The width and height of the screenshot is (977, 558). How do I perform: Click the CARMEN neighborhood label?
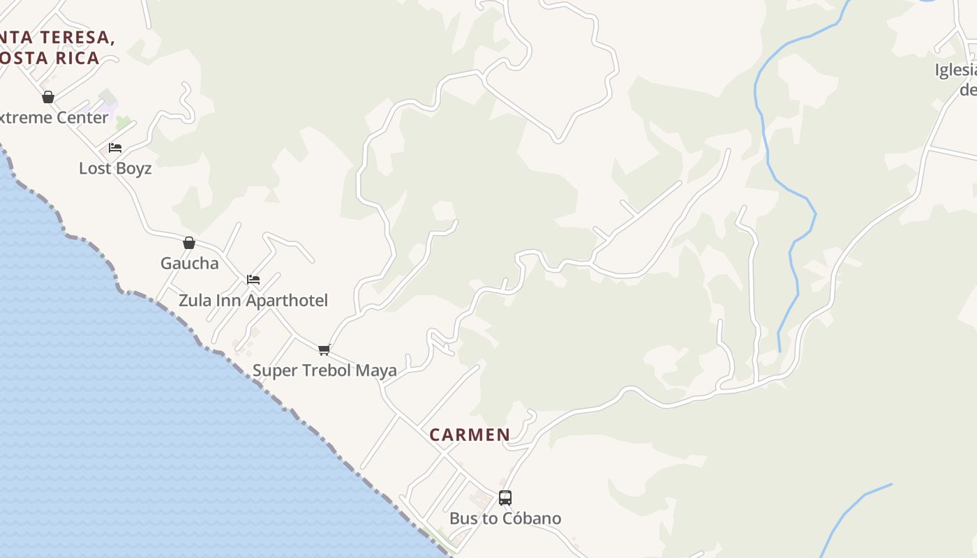[470, 435]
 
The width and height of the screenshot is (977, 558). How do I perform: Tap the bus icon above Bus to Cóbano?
[505, 498]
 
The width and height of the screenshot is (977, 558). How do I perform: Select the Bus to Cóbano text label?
[505, 518]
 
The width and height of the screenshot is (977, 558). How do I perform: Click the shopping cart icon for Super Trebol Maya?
[324, 349]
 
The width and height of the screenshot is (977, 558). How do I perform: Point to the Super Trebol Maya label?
[325, 370]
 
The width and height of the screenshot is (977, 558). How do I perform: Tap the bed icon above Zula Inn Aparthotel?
[253, 280]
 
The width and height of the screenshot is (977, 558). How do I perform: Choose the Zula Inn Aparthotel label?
[253, 301]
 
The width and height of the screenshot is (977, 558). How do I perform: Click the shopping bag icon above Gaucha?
[188, 243]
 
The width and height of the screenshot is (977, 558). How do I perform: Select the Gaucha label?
[190, 263]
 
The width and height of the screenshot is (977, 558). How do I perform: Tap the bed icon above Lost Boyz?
[115, 148]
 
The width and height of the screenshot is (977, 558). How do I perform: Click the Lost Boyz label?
[115, 168]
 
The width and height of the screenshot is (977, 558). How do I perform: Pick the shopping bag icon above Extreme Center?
[48, 97]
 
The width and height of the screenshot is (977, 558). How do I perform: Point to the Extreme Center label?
[53, 117]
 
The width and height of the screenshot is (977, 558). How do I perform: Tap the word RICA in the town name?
[77, 58]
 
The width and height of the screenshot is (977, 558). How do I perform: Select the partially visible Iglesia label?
[955, 70]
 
